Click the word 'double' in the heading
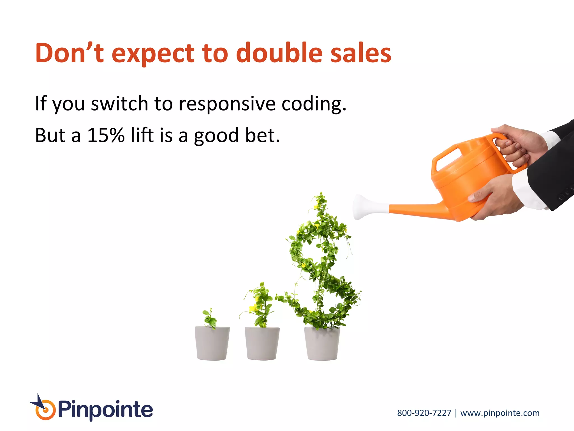279,53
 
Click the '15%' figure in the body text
106,135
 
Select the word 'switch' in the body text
119,104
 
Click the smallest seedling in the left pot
210,319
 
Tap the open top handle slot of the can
448,160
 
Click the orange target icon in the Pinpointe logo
45,411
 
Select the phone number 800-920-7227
424,413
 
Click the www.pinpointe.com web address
500,413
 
